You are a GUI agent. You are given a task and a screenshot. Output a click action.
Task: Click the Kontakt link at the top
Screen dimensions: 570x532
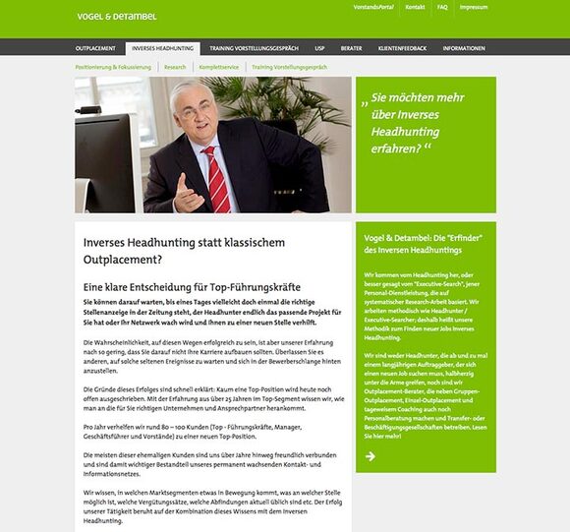(x=415, y=7)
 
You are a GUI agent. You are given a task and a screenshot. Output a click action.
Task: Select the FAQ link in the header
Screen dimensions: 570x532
(x=442, y=7)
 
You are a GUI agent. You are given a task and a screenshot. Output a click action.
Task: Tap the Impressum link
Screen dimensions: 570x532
(x=473, y=7)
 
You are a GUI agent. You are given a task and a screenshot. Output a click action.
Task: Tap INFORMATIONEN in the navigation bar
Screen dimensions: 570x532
(x=463, y=47)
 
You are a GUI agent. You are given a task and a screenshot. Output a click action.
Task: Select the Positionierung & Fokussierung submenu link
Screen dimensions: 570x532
(x=114, y=67)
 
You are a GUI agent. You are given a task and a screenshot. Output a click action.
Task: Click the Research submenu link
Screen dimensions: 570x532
(x=175, y=67)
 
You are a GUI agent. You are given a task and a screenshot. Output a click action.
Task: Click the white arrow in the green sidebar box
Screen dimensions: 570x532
(x=370, y=455)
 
